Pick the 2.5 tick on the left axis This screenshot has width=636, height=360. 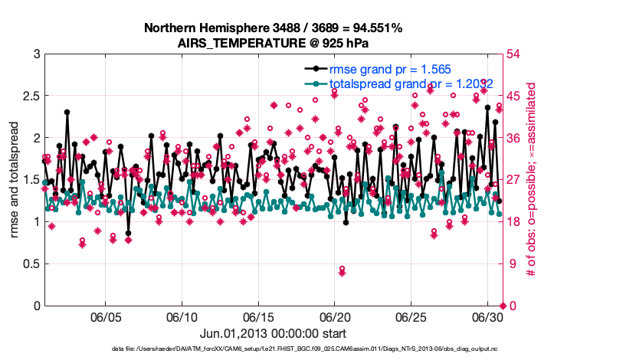click(30, 97)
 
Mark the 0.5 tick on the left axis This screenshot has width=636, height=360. click(30, 264)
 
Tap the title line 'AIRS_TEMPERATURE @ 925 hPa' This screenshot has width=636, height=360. click(274, 43)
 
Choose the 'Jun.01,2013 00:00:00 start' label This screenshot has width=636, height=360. click(273, 333)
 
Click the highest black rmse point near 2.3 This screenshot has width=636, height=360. click(67, 112)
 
